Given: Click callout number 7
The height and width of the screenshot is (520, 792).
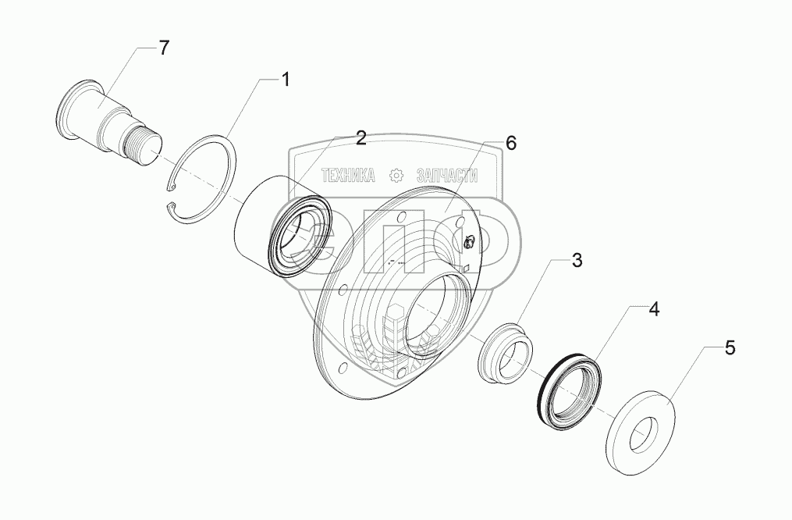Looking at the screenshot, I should pyautogui.click(x=163, y=48).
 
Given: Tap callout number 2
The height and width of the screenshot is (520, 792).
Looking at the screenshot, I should pyautogui.click(x=360, y=138).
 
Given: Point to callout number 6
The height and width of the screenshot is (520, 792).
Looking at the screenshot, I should pyautogui.click(x=510, y=143).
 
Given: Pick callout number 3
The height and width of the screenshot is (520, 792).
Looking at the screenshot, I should pyautogui.click(x=577, y=261).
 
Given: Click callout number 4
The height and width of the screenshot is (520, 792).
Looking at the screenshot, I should pyautogui.click(x=654, y=309).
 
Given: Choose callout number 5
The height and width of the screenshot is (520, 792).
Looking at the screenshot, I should pyautogui.click(x=730, y=348).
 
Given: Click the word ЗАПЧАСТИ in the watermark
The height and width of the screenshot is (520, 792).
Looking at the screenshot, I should pyautogui.click(x=446, y=176).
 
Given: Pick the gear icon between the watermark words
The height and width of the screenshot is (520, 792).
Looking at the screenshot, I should pyautogui.click(x=396, y=175).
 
